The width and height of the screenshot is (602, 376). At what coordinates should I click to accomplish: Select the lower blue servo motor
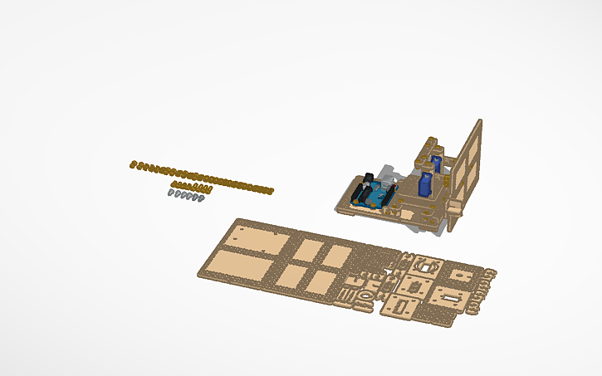tap(425, 184)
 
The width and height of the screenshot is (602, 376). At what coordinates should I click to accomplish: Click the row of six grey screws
tap(186, 195)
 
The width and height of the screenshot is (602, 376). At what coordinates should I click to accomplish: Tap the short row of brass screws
tap(189, 186)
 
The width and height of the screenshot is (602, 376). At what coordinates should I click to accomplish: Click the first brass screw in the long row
tap(132, 164)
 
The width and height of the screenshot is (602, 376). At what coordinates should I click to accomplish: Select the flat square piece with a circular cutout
tap(427, 266)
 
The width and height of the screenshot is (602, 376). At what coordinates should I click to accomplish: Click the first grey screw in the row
tap(171, 193)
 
